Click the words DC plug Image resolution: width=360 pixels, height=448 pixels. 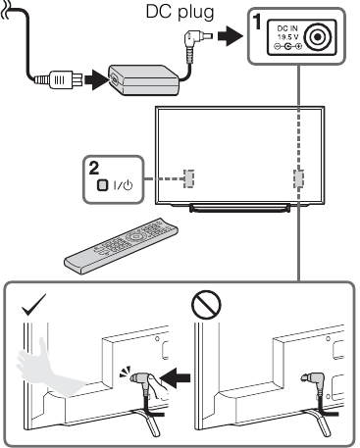pos(180,13)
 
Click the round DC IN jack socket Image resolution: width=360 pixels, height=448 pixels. pos(318,37)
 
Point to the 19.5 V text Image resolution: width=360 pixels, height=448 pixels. pos(287,36)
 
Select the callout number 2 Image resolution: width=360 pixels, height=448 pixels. pos(94,169)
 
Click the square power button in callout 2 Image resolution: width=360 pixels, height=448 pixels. pos(102,185)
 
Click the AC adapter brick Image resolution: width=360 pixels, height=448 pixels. pos(143,79)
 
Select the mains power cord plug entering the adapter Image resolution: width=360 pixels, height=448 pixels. pos(58,79)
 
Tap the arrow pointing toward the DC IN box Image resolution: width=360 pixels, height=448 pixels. pos(230,35)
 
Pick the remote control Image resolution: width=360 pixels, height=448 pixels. pos(121,245)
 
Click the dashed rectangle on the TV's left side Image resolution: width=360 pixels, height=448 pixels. pos(188,178)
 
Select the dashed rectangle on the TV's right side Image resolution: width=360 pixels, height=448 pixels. pos(298,178)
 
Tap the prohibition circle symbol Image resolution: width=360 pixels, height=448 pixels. pos(206,305)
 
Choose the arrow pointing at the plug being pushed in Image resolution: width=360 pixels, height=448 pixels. pos(176,378)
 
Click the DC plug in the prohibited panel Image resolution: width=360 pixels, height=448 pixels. pos(313,384)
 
